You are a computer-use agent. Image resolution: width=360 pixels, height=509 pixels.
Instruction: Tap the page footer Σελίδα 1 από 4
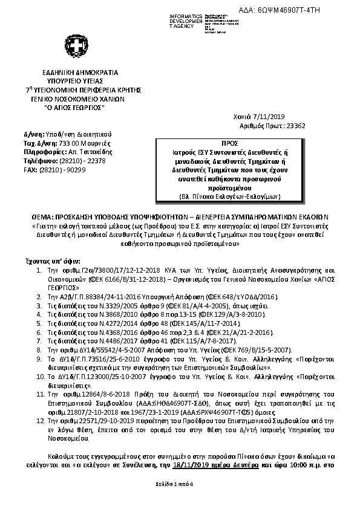[x=180, y=503]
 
